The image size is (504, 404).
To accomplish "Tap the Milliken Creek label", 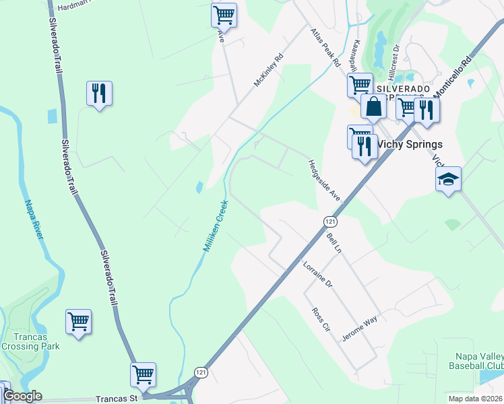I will pos(214,226).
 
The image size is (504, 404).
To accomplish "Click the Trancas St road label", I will pos(116,399).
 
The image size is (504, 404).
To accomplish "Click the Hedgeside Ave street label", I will pos(325,179).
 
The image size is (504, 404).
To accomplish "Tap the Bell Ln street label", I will pos(334,242).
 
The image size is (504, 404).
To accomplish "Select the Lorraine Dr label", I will pos(318,275).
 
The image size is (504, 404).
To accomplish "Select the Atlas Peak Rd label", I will pos(325,47).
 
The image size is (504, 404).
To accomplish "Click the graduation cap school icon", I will pos(448,180).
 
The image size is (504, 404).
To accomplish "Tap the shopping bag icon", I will pos(374,106).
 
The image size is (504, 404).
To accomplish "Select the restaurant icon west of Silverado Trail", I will pos(99,94).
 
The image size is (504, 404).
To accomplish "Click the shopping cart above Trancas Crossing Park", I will pos(78,321).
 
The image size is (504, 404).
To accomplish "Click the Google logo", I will pos(22,396).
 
